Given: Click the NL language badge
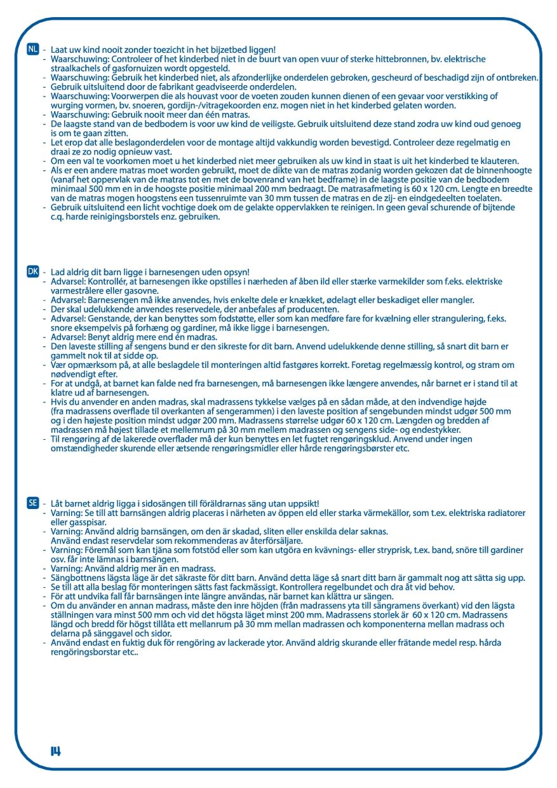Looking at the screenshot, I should point(33,50).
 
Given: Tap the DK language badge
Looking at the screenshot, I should point(33,271).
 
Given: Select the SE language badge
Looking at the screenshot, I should point(33,503).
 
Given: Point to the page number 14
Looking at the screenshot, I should point(56,751).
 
